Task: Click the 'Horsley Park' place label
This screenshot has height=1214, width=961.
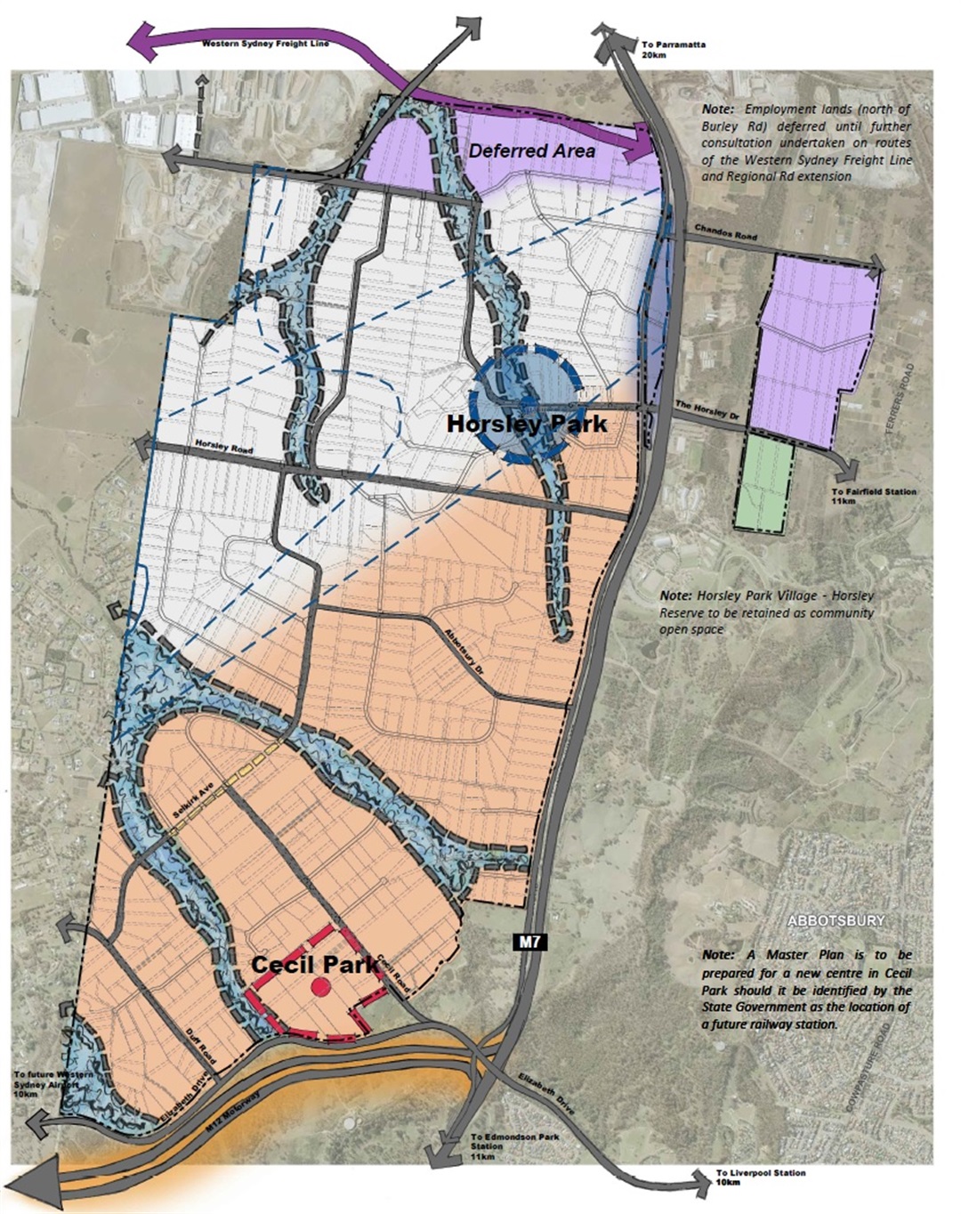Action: click(x=527, y=424)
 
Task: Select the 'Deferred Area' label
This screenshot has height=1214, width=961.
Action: click(x=531, y=150)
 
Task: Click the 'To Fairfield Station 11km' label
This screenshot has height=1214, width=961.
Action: click(x=861, y=496)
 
